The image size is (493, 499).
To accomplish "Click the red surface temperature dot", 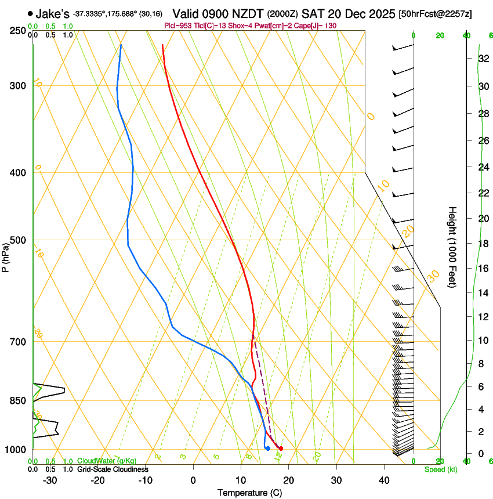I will [281, 449].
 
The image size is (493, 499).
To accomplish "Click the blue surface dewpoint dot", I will [267, 449].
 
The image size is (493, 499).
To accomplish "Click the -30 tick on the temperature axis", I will [50, 480].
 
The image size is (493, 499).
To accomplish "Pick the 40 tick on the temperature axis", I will [384, 480].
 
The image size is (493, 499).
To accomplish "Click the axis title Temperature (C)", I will [249, 493].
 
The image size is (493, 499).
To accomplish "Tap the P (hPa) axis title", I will [5, 256].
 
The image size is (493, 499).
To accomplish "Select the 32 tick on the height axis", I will [483, 59].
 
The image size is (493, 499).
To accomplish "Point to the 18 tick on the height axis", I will [483, 244].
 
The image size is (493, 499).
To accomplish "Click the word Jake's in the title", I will [53, 13].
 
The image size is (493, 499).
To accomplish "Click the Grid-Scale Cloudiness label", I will [113, 469].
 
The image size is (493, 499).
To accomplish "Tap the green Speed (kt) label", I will [440, 469].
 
